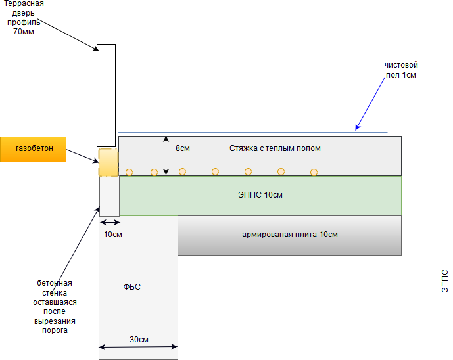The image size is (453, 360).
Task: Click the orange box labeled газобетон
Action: click(x=34, y=149)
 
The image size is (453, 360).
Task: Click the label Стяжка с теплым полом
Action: click(x=275, y=148)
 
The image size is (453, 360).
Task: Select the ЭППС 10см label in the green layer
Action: click(x=260, y=195)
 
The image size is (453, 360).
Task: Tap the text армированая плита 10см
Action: click(x=290, y=235)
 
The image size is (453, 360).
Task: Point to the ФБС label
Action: click(x=132, y=287)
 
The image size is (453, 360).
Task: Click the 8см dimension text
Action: click(x=184, y=148)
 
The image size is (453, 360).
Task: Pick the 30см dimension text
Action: click(x=139, y=340)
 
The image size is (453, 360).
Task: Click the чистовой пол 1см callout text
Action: click(x=401, y=70)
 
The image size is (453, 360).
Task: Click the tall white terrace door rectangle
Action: click(x=106, y=95)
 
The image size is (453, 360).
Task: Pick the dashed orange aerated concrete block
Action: click(x=108, y=162)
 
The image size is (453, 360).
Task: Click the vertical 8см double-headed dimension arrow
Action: click(x=166, y=156)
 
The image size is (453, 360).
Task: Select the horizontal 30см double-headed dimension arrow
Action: click(x=139, y=348)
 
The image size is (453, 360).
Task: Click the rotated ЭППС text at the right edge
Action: click(x=444, y=281)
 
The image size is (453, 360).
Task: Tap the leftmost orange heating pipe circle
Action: click(x=130, y=173)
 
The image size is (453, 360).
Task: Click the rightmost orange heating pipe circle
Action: click(x=314, y=173)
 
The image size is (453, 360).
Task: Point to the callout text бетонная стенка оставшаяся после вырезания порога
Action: click(x=55, y=307)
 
